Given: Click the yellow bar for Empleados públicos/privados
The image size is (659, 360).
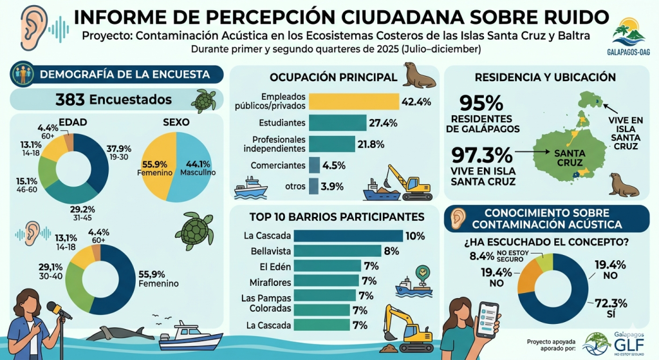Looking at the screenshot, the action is (354, 101).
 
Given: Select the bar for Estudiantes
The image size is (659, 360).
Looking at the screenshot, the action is (337, 123).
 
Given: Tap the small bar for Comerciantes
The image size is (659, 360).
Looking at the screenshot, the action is (314, 166).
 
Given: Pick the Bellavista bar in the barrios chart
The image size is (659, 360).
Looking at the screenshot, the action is (337, 251).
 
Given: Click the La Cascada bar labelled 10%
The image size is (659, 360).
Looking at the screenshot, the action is (348, 236).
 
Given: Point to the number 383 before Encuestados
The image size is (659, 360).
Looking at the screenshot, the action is (70, 100).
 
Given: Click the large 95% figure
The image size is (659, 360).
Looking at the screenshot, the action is (481, 103).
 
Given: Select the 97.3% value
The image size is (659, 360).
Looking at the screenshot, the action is (482, 155).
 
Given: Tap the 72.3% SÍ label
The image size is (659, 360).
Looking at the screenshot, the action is (611, 308).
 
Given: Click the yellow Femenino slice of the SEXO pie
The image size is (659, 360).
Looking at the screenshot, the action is (156, 166).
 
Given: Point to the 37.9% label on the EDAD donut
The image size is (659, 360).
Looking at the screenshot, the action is (119, 149).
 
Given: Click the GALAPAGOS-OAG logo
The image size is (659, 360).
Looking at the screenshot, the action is (629, 37).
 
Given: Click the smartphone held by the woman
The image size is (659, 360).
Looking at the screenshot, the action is (488, 319).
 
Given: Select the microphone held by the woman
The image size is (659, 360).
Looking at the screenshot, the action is (59, 310).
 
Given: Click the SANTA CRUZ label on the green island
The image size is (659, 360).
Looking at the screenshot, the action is (570, 158).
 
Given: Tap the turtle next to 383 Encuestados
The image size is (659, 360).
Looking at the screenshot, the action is (204, 100).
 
